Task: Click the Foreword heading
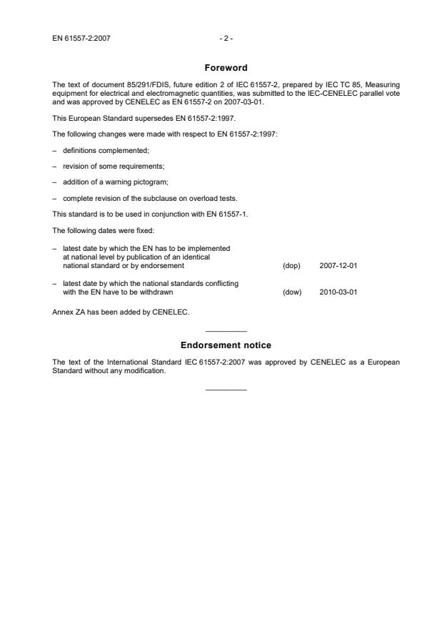pos(226,68)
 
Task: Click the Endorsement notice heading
pos(226,345)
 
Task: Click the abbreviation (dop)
pos(291,265)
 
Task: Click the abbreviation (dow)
pos(292,292)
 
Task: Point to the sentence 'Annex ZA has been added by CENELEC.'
pos(111,312)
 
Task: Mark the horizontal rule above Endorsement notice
pos(226,330)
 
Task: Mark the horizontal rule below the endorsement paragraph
pos(226,389)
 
